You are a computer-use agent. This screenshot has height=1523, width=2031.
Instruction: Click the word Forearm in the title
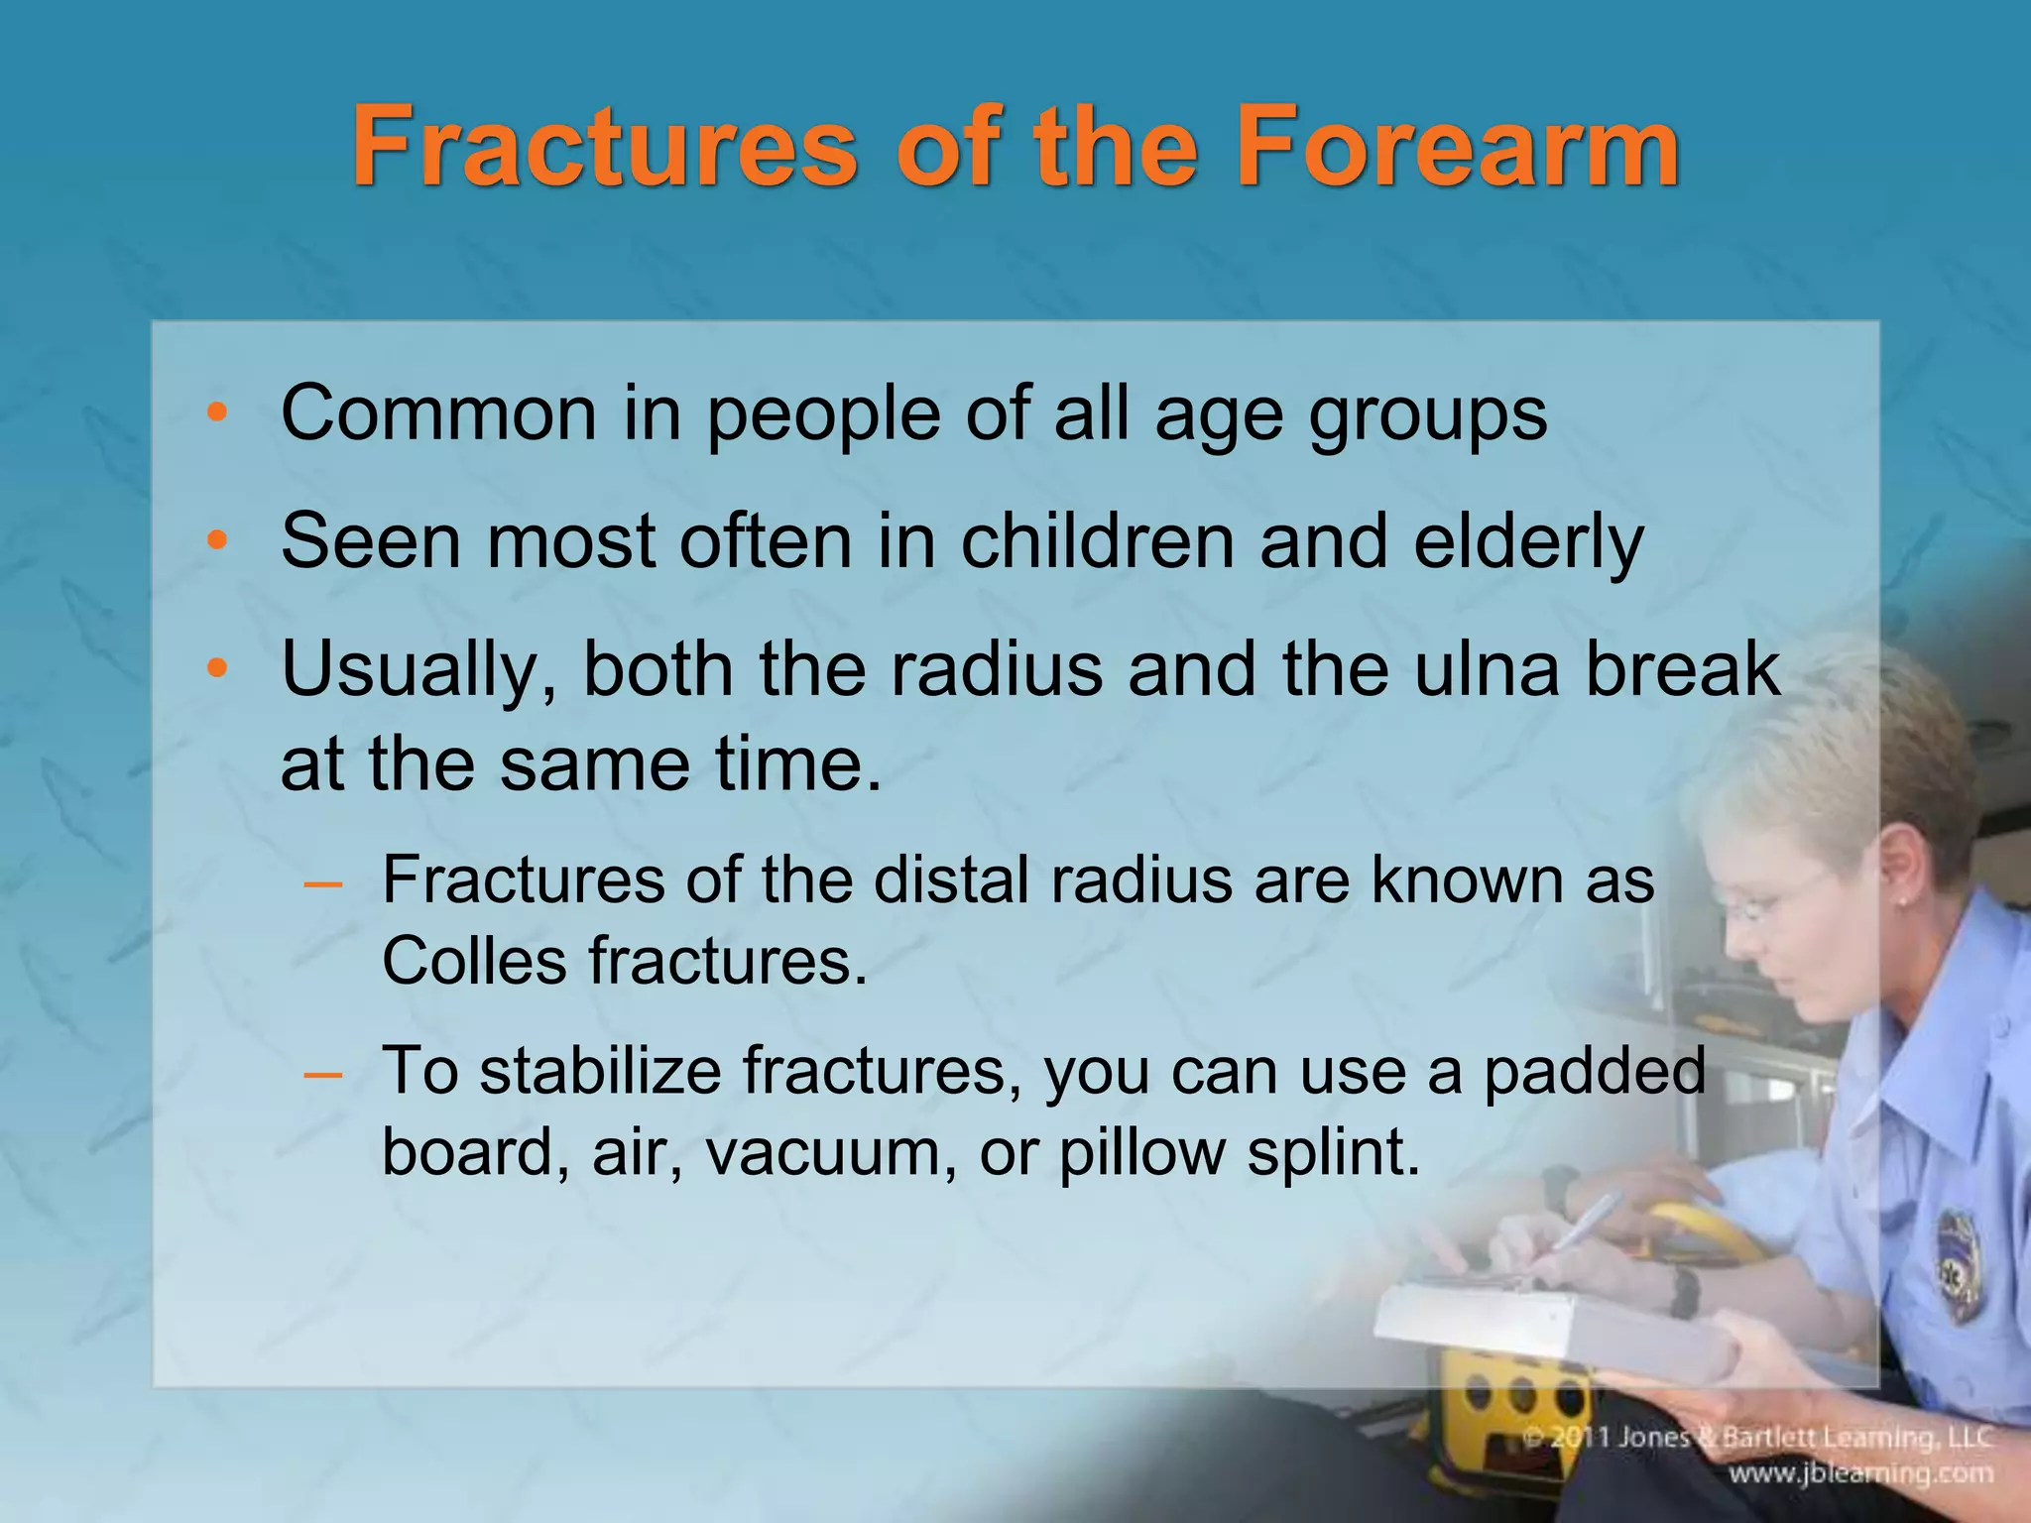coord(1458,149)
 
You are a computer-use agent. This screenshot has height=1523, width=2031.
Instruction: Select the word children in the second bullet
coord(1097,541)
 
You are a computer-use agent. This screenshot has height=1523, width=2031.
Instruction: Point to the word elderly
coord(1527,543)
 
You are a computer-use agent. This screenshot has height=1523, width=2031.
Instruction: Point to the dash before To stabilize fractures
coord(324,1073)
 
